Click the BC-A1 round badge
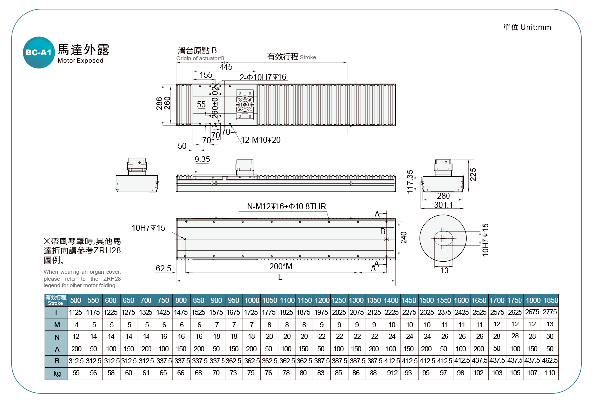39,53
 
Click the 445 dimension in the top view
226,67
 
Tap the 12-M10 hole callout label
261,140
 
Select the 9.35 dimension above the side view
202,159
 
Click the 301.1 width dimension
444,205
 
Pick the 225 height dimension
473,174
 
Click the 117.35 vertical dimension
410,182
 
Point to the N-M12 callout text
287,206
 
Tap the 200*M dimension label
281,266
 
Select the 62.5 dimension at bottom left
163,268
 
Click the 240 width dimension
404,238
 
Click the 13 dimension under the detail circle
445,270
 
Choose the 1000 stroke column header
252,300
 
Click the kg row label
57,373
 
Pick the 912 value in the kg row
392,373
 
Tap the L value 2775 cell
550,312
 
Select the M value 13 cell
550,324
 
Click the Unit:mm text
536,27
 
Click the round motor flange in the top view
245,105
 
